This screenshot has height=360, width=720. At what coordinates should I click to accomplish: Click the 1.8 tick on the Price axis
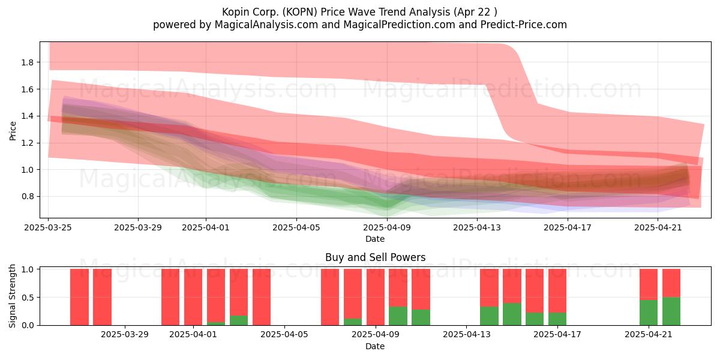(28, 62)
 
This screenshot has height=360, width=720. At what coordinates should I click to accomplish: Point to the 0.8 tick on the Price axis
(28, 196)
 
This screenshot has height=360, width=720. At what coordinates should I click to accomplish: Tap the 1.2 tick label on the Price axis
(28, 143)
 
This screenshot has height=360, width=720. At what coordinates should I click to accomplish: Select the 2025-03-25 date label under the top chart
(48, 227)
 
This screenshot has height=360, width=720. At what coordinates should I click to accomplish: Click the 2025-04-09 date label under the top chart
(387, 227)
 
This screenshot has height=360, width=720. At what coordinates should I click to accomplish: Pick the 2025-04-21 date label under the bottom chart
(649, 335)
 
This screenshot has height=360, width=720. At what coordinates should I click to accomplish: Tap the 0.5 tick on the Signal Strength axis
(28, 298)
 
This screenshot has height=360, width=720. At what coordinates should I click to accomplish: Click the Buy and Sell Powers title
(375, 257)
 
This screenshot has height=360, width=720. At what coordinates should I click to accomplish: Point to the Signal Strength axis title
(12, 296)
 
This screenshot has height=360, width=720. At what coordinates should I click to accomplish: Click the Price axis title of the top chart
(13, 131)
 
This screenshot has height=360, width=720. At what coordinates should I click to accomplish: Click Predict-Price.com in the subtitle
(524, 25)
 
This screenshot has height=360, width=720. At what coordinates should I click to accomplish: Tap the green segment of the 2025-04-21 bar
(649, 313)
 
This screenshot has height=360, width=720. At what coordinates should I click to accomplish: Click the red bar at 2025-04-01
(193, 297)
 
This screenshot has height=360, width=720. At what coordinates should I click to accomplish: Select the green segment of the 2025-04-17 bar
(557, 319)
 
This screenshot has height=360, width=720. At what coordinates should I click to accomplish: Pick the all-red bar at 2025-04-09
(376, 297)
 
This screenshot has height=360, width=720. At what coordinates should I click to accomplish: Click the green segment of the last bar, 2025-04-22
(671, 311)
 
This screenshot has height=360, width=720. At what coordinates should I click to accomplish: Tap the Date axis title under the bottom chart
(375, 346)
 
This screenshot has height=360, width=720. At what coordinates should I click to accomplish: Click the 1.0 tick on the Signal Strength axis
(28, 269)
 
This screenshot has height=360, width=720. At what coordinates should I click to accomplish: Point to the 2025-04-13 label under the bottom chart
(466, 335)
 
